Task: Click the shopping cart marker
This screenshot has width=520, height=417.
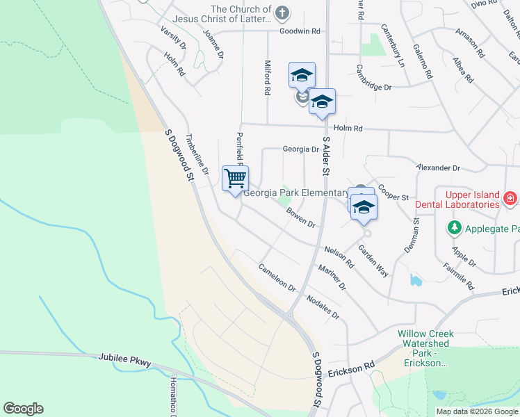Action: click(x=236, y=179)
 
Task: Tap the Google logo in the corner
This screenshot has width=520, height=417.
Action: click(x=23, y=409)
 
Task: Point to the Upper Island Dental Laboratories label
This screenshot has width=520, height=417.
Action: click(x=457, y=200)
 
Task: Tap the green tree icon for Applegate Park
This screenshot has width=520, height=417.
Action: click(x=455, y=227)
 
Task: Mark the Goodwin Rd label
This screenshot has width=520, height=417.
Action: click(x=300, y=31)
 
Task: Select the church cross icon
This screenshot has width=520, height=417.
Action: click(x=282, y=12)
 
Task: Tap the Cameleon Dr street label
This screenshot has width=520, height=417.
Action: click(x=277, y=277)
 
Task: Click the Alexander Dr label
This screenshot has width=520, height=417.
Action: click(x=438, y=168)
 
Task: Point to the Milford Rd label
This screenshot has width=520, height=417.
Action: click(x=266, y=77)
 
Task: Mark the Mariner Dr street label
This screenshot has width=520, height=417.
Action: click(x=332, y=277)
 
